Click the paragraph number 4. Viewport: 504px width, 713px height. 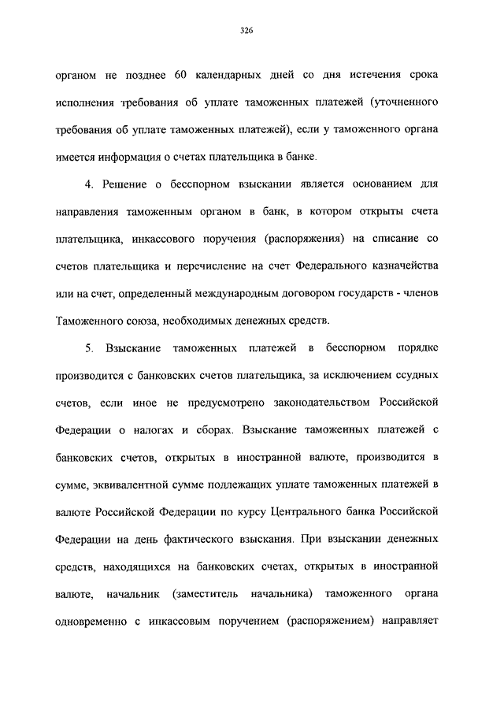point(88,184)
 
